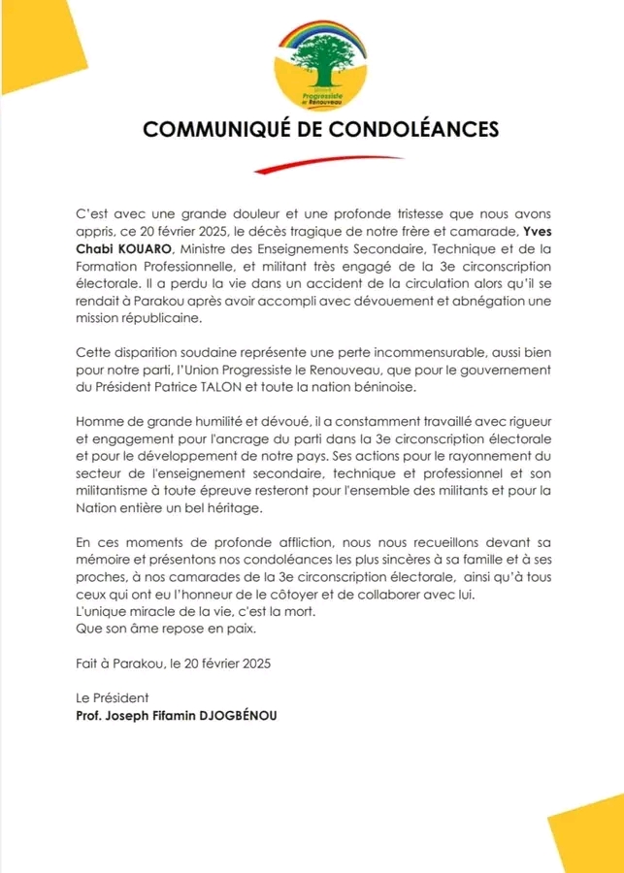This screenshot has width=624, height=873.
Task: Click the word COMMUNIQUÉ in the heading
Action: click(x=213, y=129)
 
